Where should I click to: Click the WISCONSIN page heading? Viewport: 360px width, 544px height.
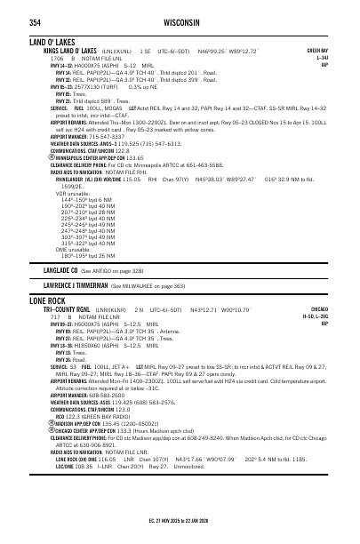click(180, 21)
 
